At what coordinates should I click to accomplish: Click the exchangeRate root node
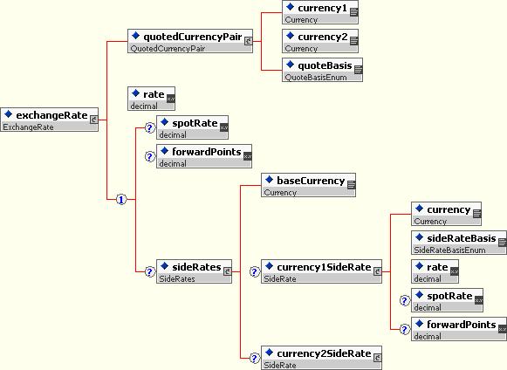49,120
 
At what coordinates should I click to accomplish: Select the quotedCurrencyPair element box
190,41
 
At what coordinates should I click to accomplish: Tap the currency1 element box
320,12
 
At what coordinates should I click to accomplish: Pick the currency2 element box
320,41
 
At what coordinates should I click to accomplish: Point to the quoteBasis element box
322,70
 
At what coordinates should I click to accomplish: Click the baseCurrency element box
308,185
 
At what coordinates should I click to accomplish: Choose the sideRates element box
194,271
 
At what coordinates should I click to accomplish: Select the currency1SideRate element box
321,271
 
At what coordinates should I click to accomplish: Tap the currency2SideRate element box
321,358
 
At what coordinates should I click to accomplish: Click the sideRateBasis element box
459,243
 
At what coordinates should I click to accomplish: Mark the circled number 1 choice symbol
121,200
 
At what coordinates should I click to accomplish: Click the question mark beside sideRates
149,271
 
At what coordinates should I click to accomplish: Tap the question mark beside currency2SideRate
255,358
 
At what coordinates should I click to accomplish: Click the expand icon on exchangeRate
93,120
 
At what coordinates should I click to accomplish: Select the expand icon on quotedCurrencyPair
249,41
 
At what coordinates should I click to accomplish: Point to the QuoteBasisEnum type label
316,78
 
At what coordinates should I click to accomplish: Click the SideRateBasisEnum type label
449,250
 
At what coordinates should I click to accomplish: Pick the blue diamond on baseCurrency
269,180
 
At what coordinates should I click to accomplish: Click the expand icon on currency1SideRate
377,271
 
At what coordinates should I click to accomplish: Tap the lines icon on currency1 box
354,12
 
